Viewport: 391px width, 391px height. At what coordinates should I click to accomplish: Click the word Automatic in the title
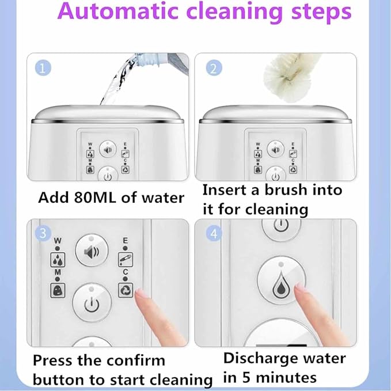tap(118, 11)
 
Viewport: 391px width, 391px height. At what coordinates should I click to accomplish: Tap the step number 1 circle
tap(43, 68)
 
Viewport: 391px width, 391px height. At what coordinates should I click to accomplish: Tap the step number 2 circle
tap(214, 68)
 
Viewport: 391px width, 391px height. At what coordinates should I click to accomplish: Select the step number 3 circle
tap(43, 233)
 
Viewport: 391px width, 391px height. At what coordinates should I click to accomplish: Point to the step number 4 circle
tap(214, 233)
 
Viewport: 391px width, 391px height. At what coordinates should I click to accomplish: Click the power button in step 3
tap(92, 303)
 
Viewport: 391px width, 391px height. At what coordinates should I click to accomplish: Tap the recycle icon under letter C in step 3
tap(126, 290)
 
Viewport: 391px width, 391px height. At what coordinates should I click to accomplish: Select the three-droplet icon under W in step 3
tap(58, 260)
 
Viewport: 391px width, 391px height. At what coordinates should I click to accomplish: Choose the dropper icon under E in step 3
tap(126, 260)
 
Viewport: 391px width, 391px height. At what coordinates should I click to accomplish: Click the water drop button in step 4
tap(281, 280)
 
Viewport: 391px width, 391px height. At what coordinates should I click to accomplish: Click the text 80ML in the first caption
tap(95, 198)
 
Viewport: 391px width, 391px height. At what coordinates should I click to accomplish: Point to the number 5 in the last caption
tap(246, 377)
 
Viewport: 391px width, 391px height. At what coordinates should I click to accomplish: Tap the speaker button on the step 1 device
tap(108, 150)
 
